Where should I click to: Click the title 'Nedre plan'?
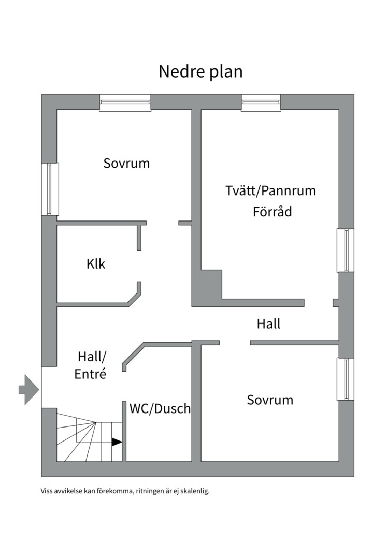[x=200, y=71]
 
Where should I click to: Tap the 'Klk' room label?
[x=96, y=264]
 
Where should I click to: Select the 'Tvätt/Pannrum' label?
[x=270, y=190]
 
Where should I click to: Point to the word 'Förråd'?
[x=272, y=211]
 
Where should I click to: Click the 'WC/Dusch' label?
[x=160, y=408]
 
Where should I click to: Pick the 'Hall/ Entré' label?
[x=92, y=365]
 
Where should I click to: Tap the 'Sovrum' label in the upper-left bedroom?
[x=126, y=163]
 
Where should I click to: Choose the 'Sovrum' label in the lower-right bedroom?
[x=270, y=400]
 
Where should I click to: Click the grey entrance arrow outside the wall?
[x=29, y=390]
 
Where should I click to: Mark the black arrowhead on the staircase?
[x=117, y=442]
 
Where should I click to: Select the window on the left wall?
[x=50, y=189]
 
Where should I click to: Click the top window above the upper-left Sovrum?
[x=125, y=102]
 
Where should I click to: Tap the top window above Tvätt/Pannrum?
[x=261, y=102]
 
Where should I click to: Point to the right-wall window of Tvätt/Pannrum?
[x=346, y=251]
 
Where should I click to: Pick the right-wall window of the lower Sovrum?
[x=346, y=379]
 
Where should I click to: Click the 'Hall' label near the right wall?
[x=269, y=323]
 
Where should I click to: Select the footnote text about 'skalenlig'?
[x=125, y=491]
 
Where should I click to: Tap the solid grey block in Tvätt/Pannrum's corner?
[x=212, y=284]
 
